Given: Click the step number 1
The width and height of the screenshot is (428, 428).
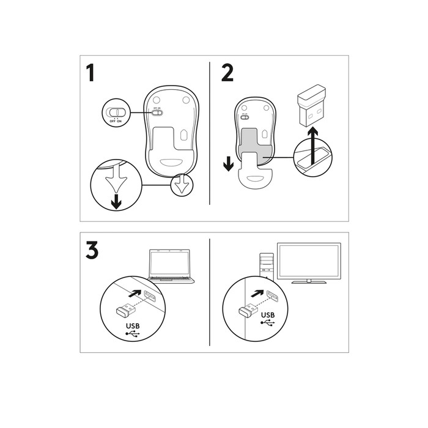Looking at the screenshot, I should tap(90, 73).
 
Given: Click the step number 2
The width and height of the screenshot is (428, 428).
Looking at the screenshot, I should tap(227, 73).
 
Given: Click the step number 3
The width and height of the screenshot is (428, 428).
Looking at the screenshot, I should tap(92, 251).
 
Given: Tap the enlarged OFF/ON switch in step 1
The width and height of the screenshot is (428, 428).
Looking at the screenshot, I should tap(114, 113).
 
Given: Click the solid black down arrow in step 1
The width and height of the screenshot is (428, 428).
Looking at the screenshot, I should tap(116, 202).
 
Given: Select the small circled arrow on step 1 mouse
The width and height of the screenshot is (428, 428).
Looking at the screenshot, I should tap(181, 185).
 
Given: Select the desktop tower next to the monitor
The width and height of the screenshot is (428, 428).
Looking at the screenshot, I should tap(265, 263).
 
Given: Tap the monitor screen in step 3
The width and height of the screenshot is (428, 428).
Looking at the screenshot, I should tap(309, 261).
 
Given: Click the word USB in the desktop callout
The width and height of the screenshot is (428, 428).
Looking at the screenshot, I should tap(268, 315).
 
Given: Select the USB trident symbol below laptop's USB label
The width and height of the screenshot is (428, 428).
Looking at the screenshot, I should tap(133, 335).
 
